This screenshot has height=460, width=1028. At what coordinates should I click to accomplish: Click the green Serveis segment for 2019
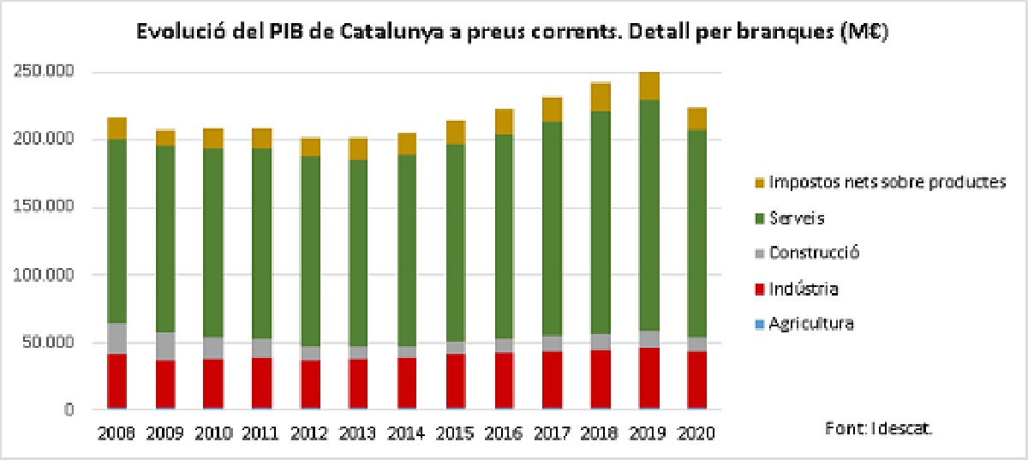pos(649,215)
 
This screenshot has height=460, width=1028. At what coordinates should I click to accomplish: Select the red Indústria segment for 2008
pos(117,380)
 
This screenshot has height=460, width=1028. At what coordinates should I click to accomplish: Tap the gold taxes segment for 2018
pos(601,97)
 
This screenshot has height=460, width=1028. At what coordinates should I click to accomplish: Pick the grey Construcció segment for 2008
pos(117,338)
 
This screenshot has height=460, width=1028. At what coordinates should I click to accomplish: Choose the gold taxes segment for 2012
pos(311,146)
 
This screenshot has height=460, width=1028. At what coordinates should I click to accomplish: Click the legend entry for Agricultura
pos(810,324)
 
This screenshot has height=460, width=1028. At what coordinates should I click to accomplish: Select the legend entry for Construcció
pos(813,253)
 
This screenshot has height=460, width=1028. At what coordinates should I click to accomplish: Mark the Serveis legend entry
pos(796,218)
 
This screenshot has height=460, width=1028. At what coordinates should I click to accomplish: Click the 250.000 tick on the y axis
pos(44,72)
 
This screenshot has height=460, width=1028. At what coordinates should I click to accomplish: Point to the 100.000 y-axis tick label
pos(44,275)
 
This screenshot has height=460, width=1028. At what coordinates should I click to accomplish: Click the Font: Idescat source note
pos(878,427)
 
